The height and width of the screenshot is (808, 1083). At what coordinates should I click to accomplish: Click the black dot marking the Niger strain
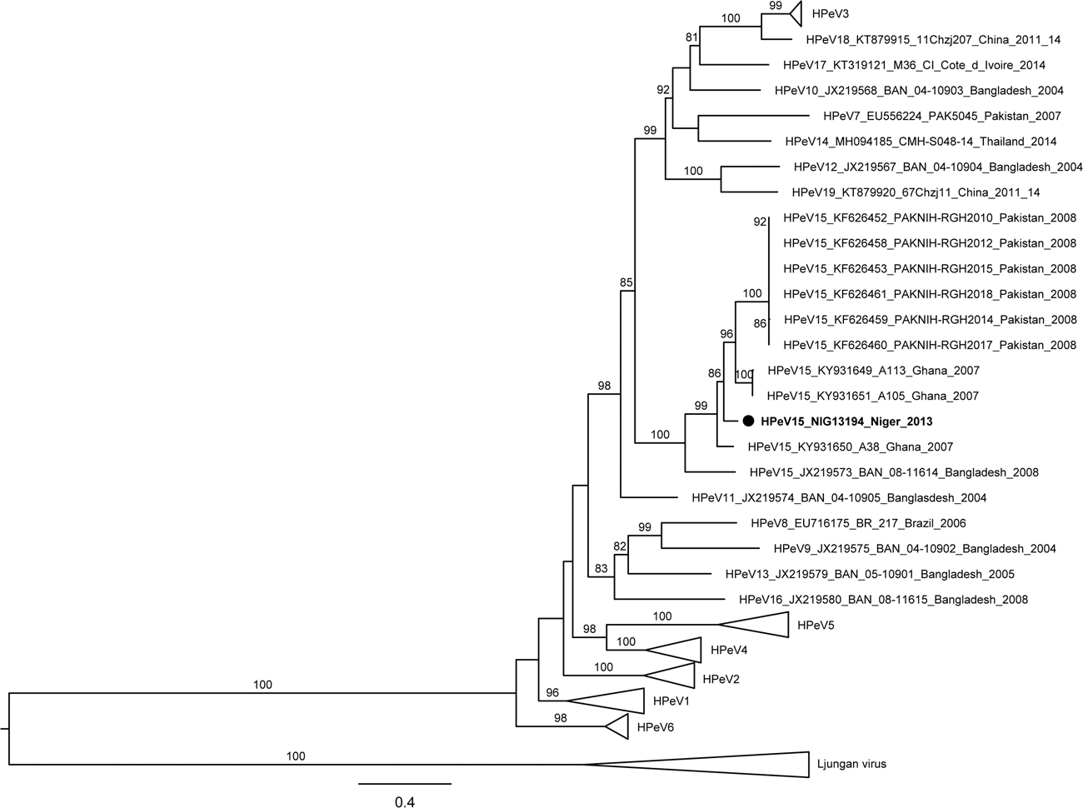pyautogui.click(x=748, y=421)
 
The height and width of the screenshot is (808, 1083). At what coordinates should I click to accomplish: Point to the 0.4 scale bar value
pyautogui.click(x=404, y=802)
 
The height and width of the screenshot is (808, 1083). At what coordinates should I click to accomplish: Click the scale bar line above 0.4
pyautogui.click(x=405, y=783)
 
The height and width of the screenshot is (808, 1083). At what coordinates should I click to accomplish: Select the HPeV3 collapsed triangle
pyautogui.click(x=794, y=13)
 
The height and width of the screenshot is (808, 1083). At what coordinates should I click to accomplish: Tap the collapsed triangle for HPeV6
pyautogui.click(x=618, y=726)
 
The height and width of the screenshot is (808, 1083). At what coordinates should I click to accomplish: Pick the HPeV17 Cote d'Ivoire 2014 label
pyautogui.click(x=914, y=64)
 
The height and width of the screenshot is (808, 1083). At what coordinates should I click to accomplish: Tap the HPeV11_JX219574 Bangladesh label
pyautogui.click(x=839, y=498)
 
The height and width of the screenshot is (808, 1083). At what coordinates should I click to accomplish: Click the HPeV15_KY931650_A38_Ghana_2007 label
pyautogui.click(x=851, y=447)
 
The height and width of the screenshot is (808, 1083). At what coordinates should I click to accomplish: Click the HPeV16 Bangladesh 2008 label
pyautogui.click(x=883, y=600)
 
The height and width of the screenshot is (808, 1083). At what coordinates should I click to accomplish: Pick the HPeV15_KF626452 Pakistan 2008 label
pyautogui.click(x=930, y=218)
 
